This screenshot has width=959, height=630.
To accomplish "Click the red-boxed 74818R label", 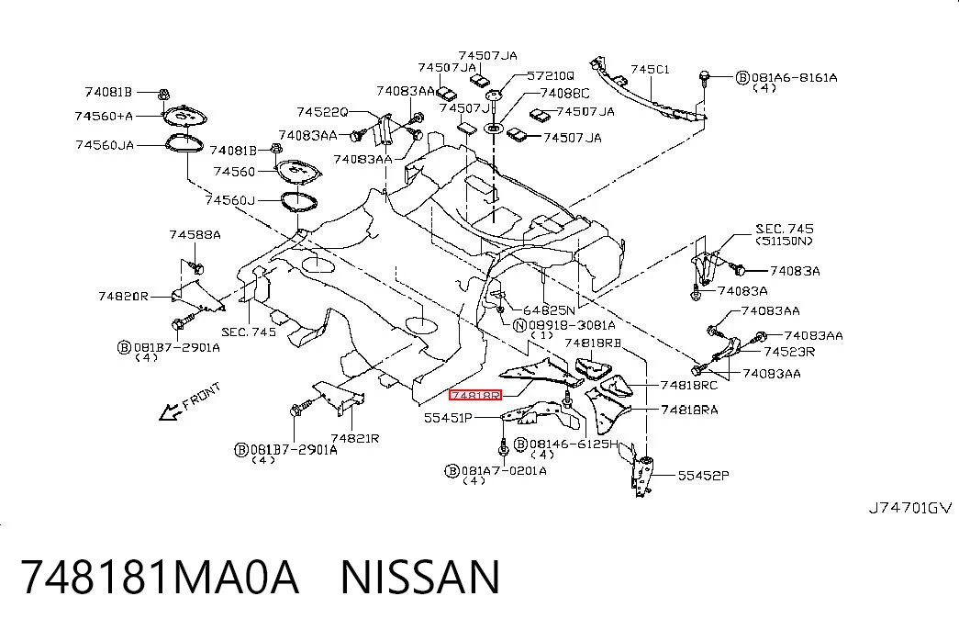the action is pyautogui.click(x=475, y=396).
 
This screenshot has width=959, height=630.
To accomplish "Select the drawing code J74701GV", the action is pyautogui.click(x=910, y=508).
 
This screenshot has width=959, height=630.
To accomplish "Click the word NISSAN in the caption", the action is pyautogui.click(x=420, y=576).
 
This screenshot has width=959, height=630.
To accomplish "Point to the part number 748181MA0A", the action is pyautogui.click(x=161, y=576).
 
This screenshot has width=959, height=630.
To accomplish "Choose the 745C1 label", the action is pyautogui.click(x=650, y=69).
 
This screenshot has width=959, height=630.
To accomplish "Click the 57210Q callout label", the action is pyautogui.click(x=551, y=76).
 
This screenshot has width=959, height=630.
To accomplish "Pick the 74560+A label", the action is pyautogui.click(x=104, y=116).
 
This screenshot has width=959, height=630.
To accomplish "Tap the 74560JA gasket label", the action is pyautogui.click(x=105, y=145).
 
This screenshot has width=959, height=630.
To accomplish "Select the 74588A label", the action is pyautogui.click(x=195, y=234).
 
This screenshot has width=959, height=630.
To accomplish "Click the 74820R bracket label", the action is pyautogui.click(x=123, y=297).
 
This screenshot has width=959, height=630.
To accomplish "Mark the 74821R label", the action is pyautogui.click(x=355, y=438).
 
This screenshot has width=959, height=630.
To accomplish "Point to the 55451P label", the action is pyautogui.click(x=449, y=418).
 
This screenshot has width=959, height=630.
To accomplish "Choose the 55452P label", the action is pyautogui.click(x=703, y=475).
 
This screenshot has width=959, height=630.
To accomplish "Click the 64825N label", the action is pyautogui.click(x=549, y=310).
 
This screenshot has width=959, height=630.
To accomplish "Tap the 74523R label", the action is pyautogui.click(x=789, y=352).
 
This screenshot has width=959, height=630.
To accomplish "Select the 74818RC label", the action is pyautogui.click(x=689, y=385).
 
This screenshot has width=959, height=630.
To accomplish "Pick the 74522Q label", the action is pyautogui.click(x=322, y=112).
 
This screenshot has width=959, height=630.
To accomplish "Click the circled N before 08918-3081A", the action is pyautogui.click(x=519, y=326).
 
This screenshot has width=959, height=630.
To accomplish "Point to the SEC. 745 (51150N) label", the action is pyautogui.click(x=785, y=234).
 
